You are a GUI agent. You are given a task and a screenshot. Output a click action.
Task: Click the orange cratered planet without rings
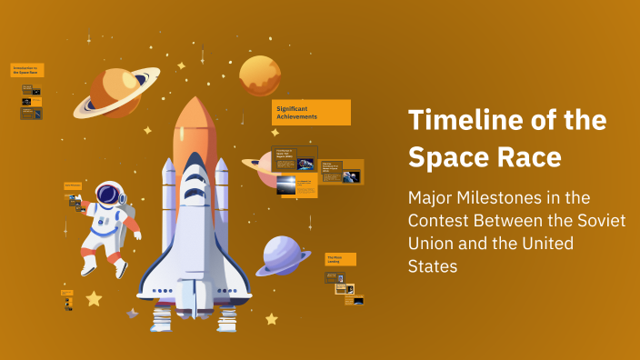pos(259,75)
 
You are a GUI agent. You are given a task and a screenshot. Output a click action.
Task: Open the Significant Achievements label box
pos(312,113)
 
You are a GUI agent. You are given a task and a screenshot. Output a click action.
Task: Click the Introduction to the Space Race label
pos(27,70)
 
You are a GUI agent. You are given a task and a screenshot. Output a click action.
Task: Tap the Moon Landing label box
pos(340,259)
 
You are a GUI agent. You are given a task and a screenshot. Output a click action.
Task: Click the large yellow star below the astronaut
pos(94,298)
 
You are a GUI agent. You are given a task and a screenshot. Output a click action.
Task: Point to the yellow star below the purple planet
pos(271,318)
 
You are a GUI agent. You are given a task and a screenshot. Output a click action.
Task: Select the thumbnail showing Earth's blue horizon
pos(286,185)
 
